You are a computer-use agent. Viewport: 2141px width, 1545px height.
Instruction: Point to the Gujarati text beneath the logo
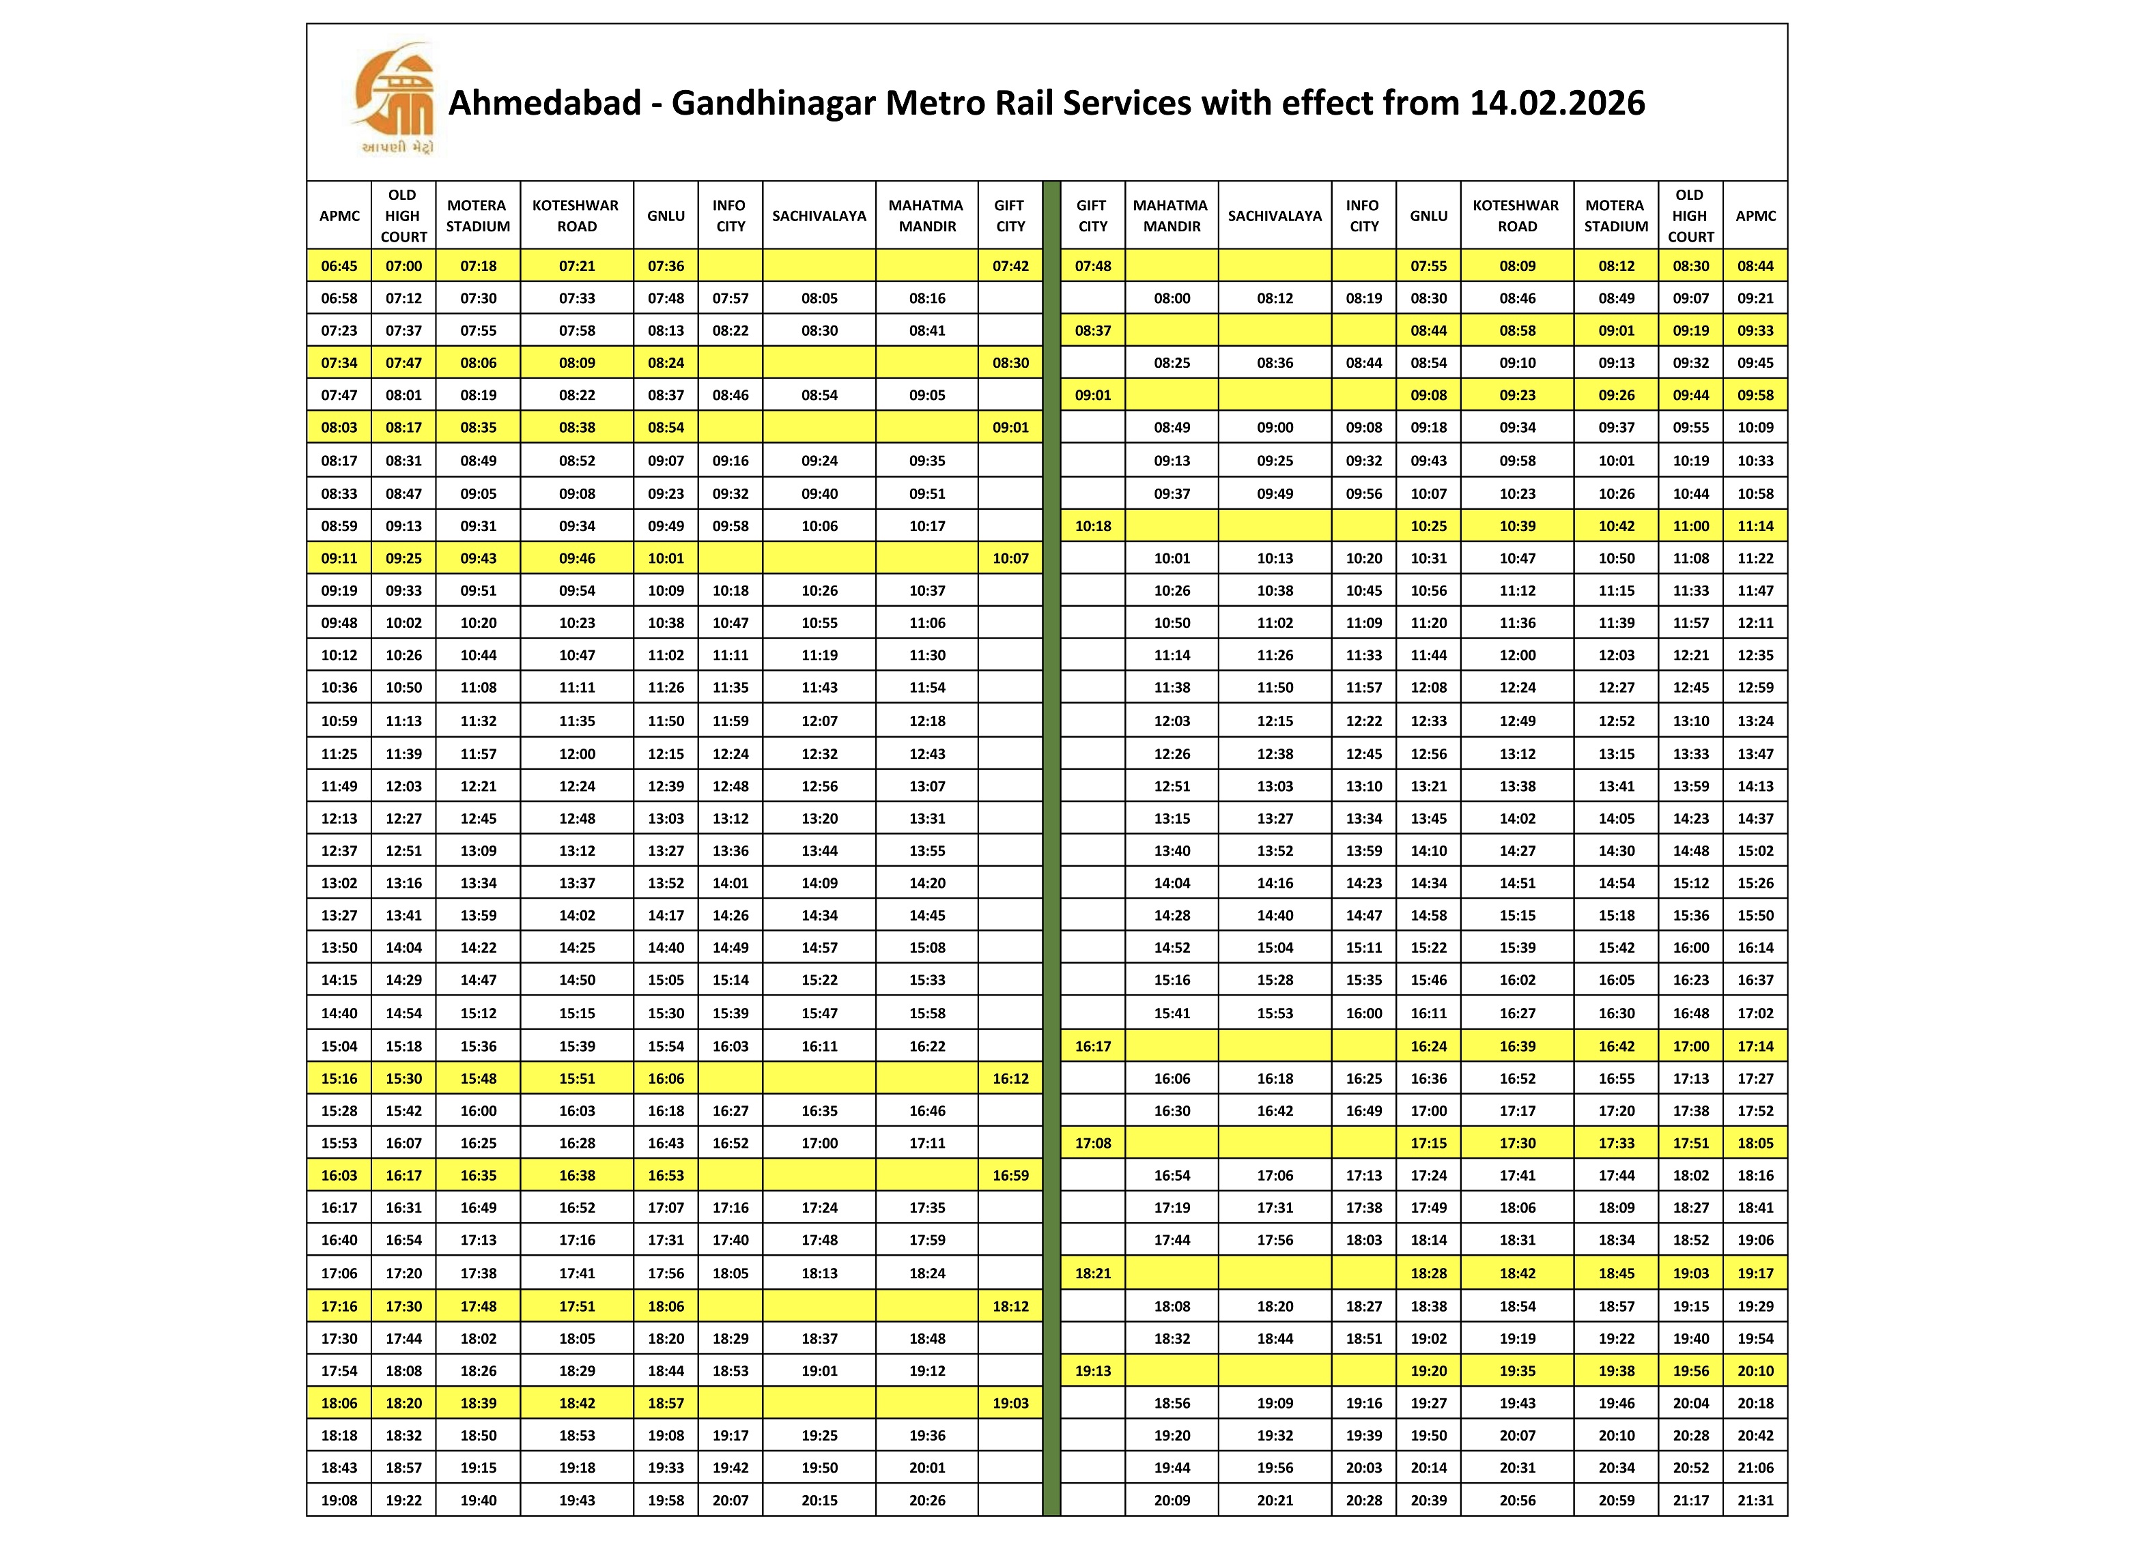tap(397, 147)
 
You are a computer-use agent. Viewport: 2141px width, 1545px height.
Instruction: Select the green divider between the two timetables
tap(1051, 850)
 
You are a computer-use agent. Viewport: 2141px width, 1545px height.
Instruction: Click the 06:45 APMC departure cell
tap(339, 266)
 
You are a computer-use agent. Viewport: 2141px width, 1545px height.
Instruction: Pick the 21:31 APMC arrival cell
tap(1755, 1500)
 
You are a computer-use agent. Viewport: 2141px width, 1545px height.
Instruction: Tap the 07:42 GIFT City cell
tap(1010, 266)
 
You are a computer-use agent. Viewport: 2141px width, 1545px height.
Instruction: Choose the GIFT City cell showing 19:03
tap(1010, 1402)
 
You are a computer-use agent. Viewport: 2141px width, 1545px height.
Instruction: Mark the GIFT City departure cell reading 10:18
tap(1092, 525)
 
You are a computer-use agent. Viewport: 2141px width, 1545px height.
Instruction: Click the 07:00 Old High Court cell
tap(403, 266)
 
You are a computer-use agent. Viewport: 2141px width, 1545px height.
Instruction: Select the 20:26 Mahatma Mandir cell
tap(927, 1500)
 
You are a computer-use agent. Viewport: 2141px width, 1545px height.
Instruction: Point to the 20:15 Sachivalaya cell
tap(819, 1500)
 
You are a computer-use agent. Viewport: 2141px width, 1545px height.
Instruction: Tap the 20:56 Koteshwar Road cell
tap(1517, 1500)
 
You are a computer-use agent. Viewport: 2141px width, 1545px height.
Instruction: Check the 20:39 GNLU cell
tap(1428, 1500)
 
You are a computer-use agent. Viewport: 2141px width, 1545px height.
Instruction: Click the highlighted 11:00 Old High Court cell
tap(1690, 525)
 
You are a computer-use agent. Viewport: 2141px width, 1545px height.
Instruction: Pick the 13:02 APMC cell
tap(339, 882)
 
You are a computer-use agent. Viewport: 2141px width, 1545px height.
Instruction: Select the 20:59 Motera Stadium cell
tap(1616, 1500)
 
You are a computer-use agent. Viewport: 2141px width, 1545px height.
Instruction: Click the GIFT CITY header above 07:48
tap(1092, 215)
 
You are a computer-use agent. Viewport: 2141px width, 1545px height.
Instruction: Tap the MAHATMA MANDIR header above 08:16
tap(927, 215)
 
